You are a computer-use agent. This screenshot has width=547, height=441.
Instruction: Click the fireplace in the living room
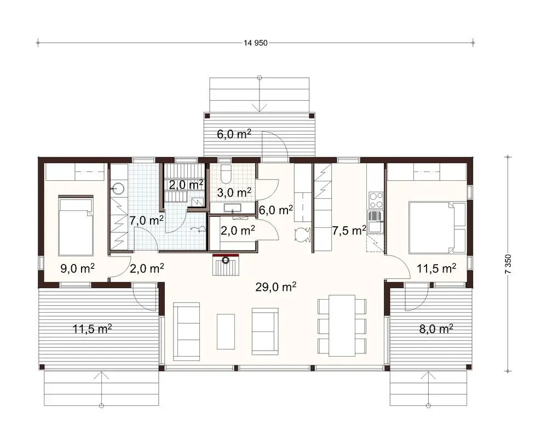(x=226, y=267)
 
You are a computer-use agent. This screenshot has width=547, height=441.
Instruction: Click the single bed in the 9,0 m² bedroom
(x=75, y=225)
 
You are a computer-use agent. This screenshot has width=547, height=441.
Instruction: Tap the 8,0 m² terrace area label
(x=435, y=329)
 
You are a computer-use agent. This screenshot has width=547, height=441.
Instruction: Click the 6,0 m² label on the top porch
(x=233, y=135)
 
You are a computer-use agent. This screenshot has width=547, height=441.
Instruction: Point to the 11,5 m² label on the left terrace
(x=93, y=329)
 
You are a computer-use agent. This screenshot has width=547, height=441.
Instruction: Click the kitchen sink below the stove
(x=375, y=225)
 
